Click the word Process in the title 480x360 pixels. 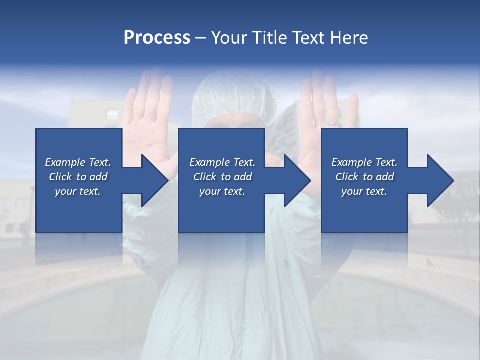point(157,38)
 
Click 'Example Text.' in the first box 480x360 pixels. point(78,162)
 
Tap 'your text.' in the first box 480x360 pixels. point(78,191)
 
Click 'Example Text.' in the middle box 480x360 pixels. point(222,162)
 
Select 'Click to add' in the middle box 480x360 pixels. point(222,177)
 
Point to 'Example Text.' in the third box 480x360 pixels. point(364,162)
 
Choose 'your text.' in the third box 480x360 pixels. point(364,191)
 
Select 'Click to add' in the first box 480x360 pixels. point(78,177)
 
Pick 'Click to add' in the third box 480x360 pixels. point(364,177)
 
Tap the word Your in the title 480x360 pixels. point(229,38)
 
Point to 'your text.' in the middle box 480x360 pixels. point(222,191)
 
